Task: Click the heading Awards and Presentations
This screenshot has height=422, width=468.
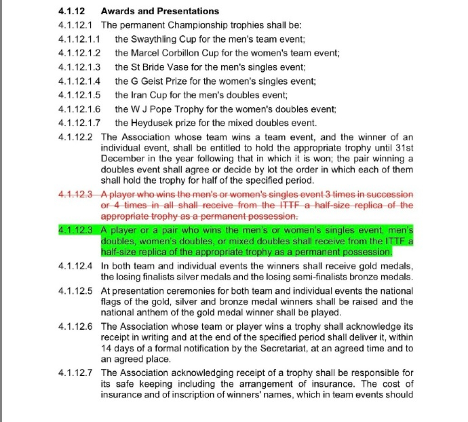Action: tap(159, 12)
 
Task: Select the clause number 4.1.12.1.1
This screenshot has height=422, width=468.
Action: tap(79, 39)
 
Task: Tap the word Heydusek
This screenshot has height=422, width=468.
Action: tap(156, 123)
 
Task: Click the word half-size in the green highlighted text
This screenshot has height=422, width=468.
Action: tap(119, 252)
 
